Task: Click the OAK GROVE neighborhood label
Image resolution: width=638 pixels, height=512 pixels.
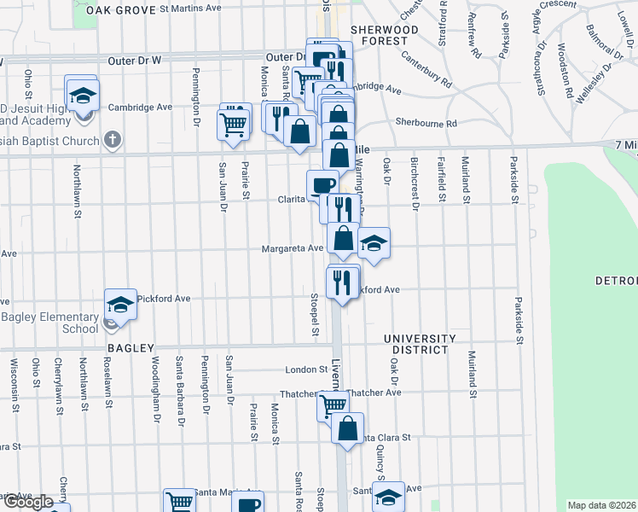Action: coord(121,10)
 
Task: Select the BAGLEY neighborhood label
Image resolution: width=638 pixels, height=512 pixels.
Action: coord(130,348)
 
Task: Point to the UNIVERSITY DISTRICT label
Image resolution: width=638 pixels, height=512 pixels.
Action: coord(415,344)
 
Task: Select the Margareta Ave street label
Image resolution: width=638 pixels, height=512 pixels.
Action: coord(293,248)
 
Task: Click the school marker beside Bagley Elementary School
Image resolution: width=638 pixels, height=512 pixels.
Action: coord(120,305)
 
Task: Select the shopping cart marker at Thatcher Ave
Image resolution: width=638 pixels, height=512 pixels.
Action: coord(333,404)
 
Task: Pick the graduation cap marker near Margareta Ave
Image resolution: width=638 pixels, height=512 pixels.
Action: coord(373,243)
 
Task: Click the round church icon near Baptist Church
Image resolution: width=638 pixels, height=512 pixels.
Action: coord(112,139)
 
